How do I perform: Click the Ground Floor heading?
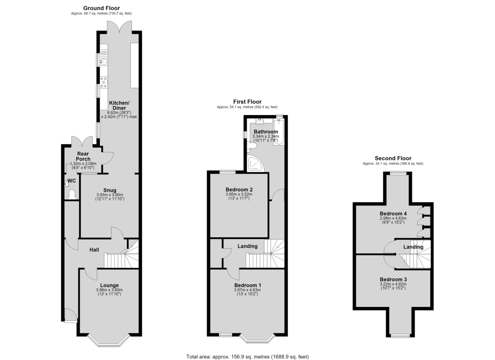[101, 8]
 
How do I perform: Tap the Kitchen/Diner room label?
[119, 105]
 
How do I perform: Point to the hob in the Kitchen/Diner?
[104, 82]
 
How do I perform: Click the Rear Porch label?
[83, 156]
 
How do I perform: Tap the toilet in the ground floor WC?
[72, 195]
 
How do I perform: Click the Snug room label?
[110, 190]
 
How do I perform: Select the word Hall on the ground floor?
[94, 250]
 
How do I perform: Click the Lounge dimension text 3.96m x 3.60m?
[109, 290]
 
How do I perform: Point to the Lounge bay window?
[109, 342]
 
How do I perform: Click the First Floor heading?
[247, 101]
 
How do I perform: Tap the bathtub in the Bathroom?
[279, 132]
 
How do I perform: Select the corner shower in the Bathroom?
[255, 163]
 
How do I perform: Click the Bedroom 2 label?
[239, 190]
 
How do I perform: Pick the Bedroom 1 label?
[248, 285]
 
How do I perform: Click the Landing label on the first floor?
[247, 246]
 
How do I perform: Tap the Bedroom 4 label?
[393, 214]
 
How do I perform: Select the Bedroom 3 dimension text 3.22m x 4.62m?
[393, 284]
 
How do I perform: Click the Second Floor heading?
[393, 158]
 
